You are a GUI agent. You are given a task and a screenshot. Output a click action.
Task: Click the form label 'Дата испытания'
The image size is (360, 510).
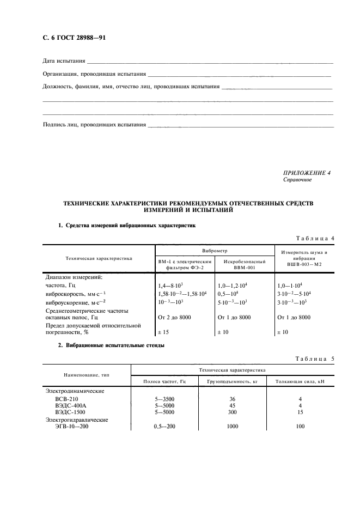[x=64, y=60]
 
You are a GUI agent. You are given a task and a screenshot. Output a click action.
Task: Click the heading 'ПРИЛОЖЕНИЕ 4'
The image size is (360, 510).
[x=307, y=173]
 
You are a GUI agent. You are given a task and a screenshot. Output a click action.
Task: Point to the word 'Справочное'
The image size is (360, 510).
[x=297, y=179]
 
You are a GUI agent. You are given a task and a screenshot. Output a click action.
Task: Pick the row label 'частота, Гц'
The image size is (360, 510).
[x=61, y=285]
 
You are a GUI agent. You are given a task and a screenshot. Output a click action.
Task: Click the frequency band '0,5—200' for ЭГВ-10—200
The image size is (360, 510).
[x=165, y=427]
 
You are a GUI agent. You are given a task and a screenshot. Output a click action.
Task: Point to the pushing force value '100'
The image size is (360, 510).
[x=300, y=427]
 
